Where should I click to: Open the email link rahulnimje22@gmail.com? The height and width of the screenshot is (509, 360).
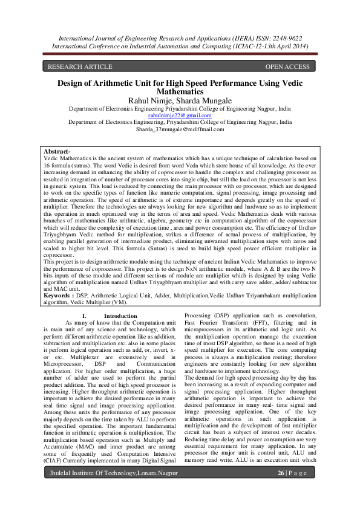click(180, 115)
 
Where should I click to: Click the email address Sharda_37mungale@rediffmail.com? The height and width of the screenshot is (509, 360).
click(180, 129)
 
